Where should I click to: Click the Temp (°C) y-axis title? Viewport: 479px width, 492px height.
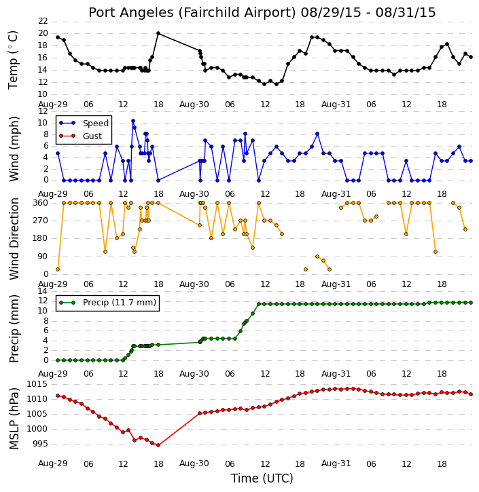pos(13,60)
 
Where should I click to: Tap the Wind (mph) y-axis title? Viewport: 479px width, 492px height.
pos(14,149)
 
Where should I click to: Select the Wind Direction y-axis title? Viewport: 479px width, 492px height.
pos(14,239)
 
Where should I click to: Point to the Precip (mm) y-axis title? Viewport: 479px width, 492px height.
pos(14,328)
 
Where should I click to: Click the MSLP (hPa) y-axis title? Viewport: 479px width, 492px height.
pos(14,419)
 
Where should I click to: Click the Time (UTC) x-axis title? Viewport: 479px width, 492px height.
pos(262,478)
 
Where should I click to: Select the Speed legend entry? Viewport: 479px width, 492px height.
pos(84,124)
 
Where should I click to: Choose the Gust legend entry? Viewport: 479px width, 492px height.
pos(81,136)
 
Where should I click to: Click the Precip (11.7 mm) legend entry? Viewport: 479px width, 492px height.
pos(108,303)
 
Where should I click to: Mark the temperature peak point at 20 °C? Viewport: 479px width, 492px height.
pos(158,33)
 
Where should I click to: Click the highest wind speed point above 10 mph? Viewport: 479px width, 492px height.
pos(133,121)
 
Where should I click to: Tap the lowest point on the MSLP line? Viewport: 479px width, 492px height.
pos(158,445)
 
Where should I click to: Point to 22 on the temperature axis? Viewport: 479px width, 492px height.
pos(43,21)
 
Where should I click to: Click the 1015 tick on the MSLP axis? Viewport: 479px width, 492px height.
pos(37,384)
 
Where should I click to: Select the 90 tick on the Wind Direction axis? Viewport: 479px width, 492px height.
pos(43,257)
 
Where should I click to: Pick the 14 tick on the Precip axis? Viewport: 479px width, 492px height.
pos(43,291)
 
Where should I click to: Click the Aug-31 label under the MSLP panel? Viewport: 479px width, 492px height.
pos(336,463)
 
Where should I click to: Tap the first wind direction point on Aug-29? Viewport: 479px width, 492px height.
pos(58,269)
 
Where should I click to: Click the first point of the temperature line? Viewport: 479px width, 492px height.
pos(58,37)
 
